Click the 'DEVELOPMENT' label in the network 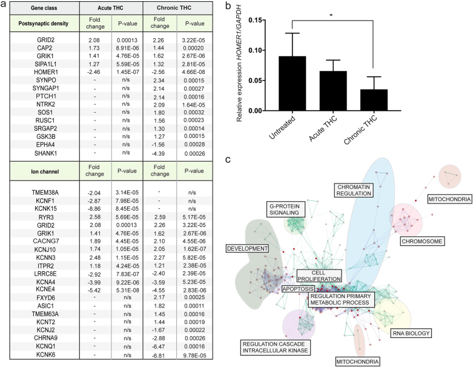247,248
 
